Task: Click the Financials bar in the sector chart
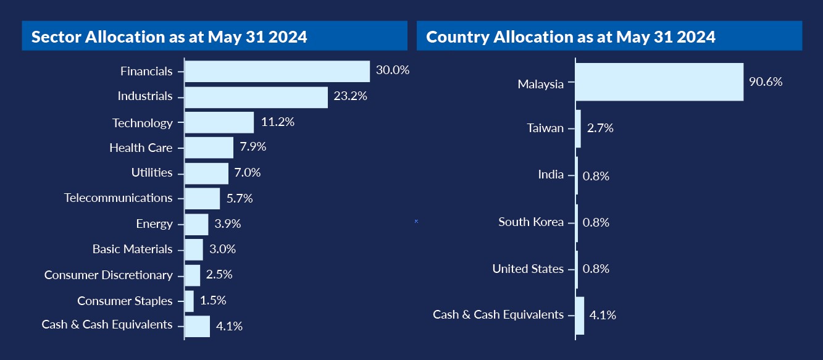[x=277, y=71]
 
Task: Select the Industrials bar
[x=256, y=97]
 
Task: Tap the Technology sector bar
[x=219, y=122]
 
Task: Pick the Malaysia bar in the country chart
[x=659, y=82]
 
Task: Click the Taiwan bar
[x=578, y=128]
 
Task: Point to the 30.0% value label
[x=393, y=70]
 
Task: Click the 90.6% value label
[x=766, y=82]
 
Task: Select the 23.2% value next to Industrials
[x=350, y=96]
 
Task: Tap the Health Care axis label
[x=141, y=148]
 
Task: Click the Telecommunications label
[x=119, y=198]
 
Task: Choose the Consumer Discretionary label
[x=109, y=275]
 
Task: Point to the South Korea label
[x=531, y=222]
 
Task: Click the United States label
[x=528, y=269]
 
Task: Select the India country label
[x=551, y=175]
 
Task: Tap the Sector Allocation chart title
[x=169, y=37]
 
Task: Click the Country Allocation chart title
[x=570, y=37]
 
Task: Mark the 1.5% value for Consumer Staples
[x=213, y=301]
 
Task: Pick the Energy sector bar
[x=196, y=224]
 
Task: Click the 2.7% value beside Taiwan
[x=601, y=128]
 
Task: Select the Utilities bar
[x=206, y=173]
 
